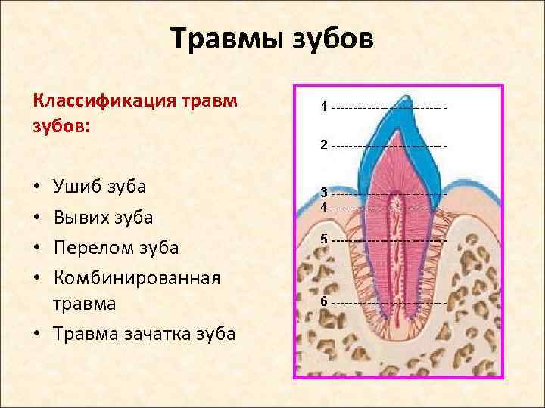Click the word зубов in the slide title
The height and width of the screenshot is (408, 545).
pyautogui.click(x=330, y=39)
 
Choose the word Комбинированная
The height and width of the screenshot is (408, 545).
pyautogui.click(x=137, y=278)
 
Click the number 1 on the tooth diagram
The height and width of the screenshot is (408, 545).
pyautogui.click(x=324, y=107)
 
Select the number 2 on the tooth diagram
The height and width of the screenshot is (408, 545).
pyautogui.click(x=324, y=144)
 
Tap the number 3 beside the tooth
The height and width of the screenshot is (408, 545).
pyautogui.click(x=324, y=193)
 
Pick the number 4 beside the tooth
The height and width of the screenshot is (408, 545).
pyautogui.click(x=324, y=206)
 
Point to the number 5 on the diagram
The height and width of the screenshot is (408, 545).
pyautogui.click(x=324, y=239)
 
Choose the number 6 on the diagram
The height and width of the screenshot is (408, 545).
pyautogui.click(x=324, y=301)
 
